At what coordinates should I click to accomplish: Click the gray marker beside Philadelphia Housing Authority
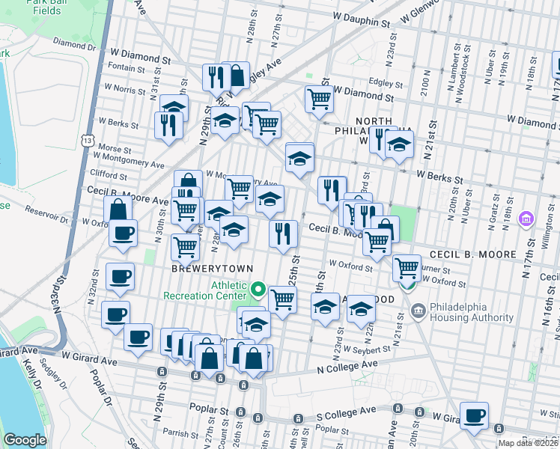419,309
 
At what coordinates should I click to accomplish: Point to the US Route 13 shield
89,141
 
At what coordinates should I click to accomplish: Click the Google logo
25,440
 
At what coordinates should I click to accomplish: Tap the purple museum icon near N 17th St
526,219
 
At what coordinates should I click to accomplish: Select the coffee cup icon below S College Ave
473,416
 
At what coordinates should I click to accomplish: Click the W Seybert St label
366,349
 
